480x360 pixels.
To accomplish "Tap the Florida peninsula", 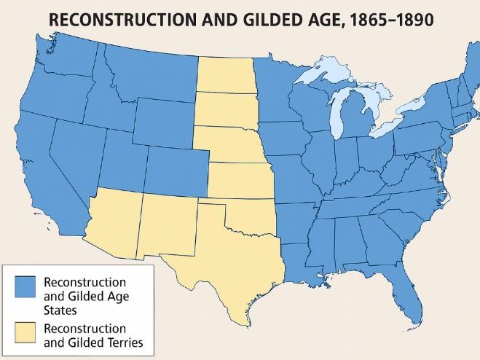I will [412, 299].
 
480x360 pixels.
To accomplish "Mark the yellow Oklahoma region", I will [255, 215].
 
